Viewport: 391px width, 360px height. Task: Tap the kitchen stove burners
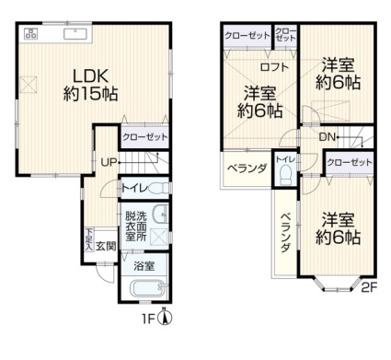click(x=31, y=33)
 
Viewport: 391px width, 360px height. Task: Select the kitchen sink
click(x=75, y=33)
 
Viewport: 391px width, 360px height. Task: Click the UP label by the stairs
click(x=109, y=162)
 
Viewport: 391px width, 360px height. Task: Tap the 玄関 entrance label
click(x=106, y=246)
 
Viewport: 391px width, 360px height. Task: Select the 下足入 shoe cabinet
click(x=89, y=240)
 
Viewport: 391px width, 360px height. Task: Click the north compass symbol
click(x=165, y=318)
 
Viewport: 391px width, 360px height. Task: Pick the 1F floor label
click(x=148, y=319)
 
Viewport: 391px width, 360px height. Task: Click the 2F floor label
click(x=368, y=287)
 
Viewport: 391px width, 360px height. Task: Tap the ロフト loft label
click(x=274, y=67)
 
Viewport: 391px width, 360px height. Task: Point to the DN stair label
click(x=328, y=137)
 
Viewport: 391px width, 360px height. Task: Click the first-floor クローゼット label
click(x=144, y=137)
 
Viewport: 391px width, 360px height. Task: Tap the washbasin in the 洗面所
click(x=160, y=215)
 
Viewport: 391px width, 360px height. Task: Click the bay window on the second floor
click(x=338, y=285)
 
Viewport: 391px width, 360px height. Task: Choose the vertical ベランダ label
click(x=285, y=232)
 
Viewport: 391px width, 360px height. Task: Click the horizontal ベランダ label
click(x=247, y=168)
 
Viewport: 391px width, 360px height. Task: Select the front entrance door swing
click(x=104, y=273)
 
